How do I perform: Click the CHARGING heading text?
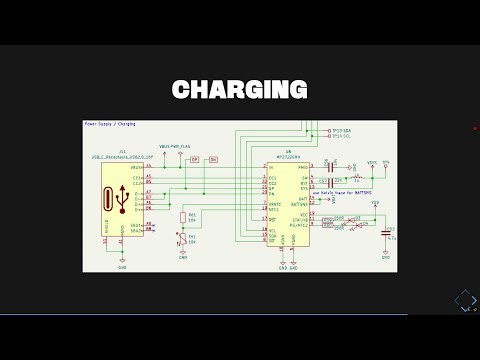[x=239, y=90]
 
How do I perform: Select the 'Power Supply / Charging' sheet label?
[x=110, y=125]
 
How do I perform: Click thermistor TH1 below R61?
[x=181, y=238]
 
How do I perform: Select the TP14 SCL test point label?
[x=342, y=137]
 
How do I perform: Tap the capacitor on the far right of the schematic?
[x=386, y=232]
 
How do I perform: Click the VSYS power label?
[x=372, y=161]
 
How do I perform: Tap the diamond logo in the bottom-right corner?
[x=464, y=299]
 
